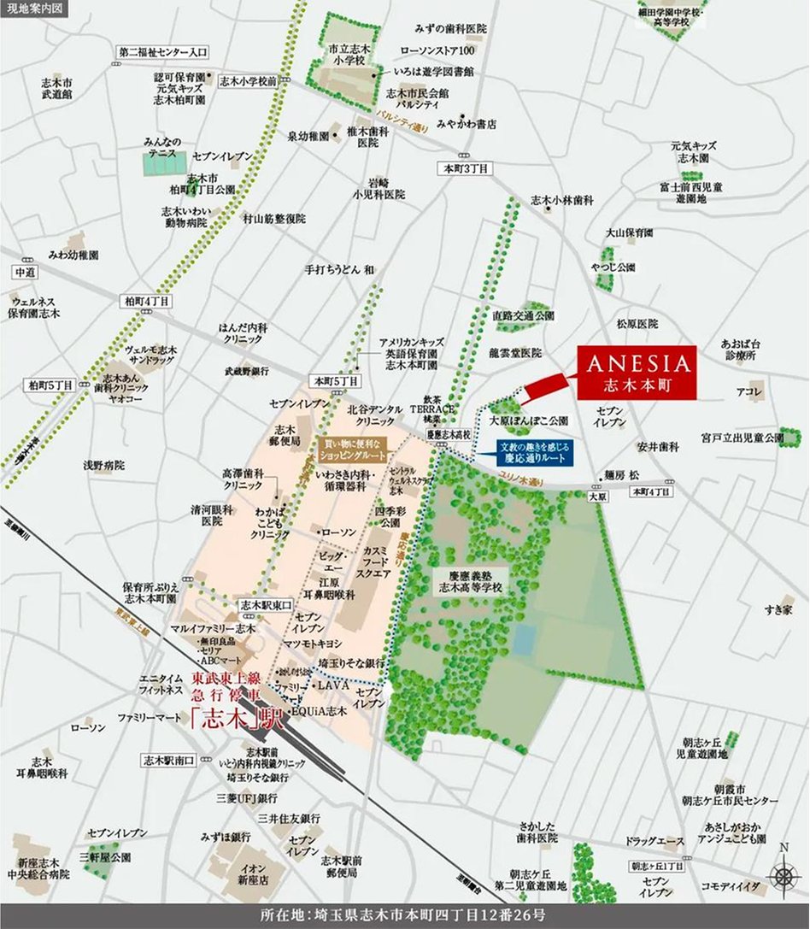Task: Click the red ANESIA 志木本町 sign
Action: [x=636, y=373]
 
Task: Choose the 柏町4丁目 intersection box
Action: [x=146, y=301]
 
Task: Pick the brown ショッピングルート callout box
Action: [x=353, y=450]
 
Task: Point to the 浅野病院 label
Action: [x=103, y=466]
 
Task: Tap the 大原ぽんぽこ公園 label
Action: [x=528, y=421]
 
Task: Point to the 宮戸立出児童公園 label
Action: [x=742, y=438]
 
